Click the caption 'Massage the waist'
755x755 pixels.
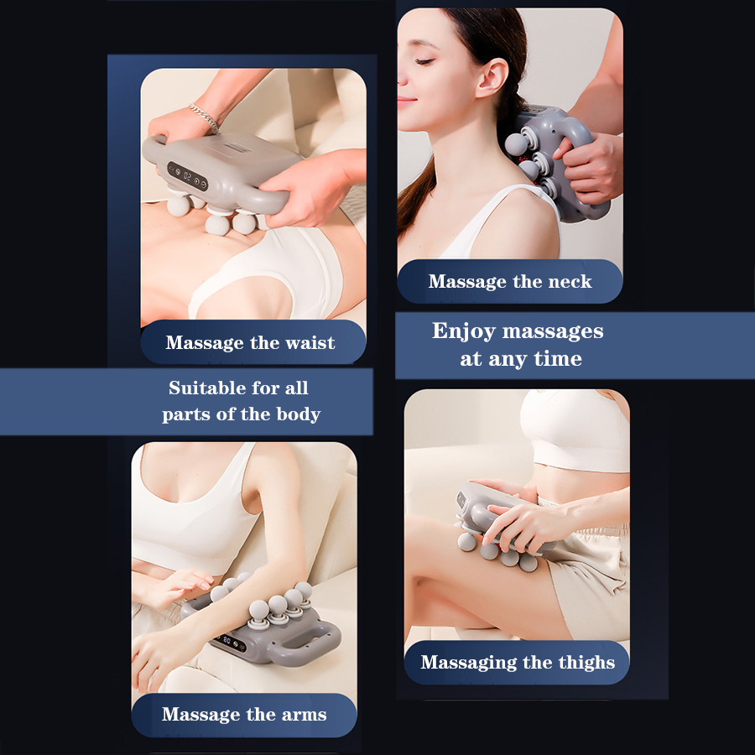tap(250, 342)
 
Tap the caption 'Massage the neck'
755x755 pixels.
tap(510, 282)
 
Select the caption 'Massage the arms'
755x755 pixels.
tap(244, 715)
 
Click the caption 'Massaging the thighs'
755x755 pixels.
tap(518, 663)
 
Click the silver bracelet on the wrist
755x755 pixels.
tap(204, 117)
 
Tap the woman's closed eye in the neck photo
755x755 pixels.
tap(426, 61)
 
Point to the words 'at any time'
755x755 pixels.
tap(520, 359)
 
